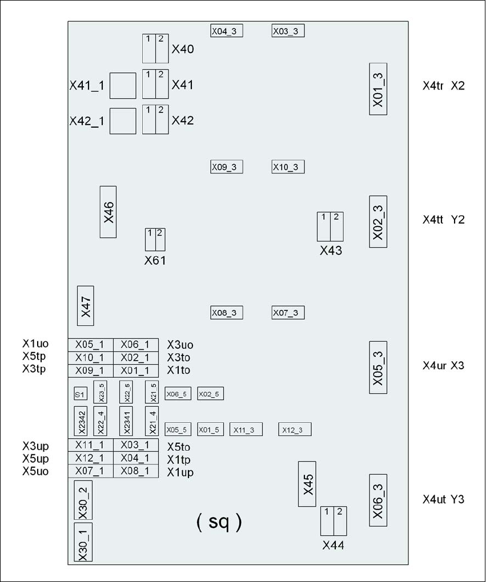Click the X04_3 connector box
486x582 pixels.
click(227, 31)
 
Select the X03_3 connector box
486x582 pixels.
click(288, 31)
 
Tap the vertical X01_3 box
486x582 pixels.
click(378, 89)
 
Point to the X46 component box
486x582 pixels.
click(108, 212)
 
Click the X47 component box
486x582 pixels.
click(85, 306)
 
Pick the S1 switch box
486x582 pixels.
click(81, 394)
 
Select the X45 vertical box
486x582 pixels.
click(307, 484)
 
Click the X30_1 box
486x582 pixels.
click(83, 541)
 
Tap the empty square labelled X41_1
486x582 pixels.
click(122, 86)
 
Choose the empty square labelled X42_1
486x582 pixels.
click(122, 121)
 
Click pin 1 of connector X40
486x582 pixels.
click(148, 49)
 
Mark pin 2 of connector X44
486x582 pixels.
click(339, 521)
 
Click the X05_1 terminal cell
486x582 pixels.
click(91, 345)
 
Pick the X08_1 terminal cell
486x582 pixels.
click(135, 471)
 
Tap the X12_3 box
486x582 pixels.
click(295, 430)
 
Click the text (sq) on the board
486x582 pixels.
click(219, 522)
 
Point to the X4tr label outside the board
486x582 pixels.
click(433, 86)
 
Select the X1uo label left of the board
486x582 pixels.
click(35, 343)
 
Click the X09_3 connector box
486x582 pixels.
click(227, 167)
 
